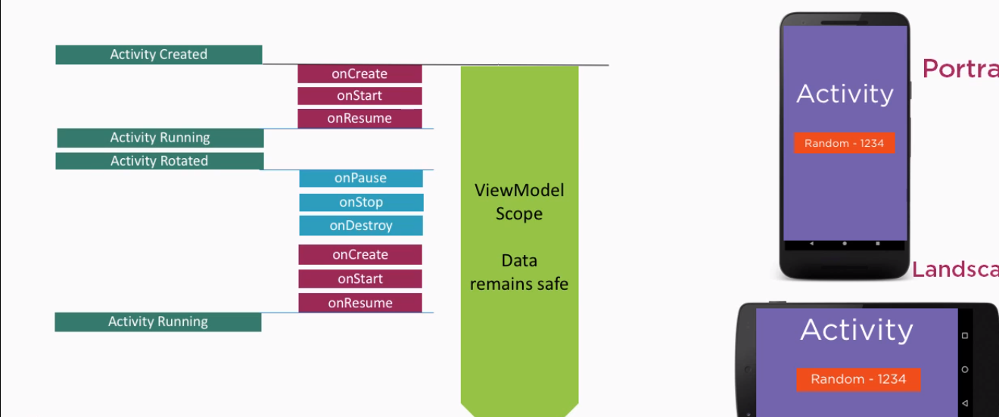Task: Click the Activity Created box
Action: coord(159,54)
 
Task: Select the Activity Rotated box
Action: coord(160,161)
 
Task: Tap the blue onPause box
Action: coord(361,179)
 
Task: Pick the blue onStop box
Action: coord(361,203)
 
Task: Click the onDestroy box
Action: coord(361,226)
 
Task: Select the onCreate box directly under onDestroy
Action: coord(360,255)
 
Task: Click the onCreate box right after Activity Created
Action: coord(359,74)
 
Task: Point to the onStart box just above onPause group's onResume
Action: coord(359,96)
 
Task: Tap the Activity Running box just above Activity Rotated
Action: coord(160,138)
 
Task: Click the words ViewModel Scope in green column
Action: coord(519,201)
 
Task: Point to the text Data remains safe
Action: coord(519,272)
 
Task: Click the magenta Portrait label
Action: coord(960,69)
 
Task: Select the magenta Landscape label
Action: coord(954,269)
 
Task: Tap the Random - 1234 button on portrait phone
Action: coord(845,143)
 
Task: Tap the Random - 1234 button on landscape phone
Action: coord(858,379)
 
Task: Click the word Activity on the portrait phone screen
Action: coord(845,94)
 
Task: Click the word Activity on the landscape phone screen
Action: coord(857,330)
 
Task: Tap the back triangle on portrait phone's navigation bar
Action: coord(811,244)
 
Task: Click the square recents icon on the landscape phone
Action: coord(965,335)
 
